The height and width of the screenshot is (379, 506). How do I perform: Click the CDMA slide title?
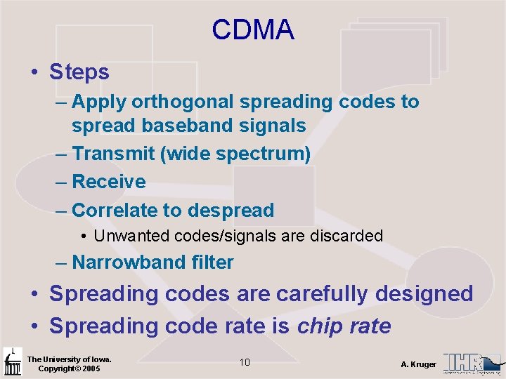tap(253, 29)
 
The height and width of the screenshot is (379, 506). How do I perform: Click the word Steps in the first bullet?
tap(79, 72)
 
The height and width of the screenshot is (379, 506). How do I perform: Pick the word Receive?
tap(109, 182)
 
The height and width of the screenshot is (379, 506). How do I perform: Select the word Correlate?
tap(116, 210)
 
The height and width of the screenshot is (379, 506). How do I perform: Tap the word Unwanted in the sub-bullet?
tap(129, 236)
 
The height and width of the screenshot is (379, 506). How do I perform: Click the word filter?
tap(212, 262)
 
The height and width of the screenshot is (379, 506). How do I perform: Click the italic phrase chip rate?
tap(344, 326)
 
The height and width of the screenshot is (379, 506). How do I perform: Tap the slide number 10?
tap(245, 362)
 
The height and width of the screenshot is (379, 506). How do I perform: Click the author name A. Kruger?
tap(418, 364)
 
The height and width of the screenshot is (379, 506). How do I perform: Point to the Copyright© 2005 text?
tap(69, 369)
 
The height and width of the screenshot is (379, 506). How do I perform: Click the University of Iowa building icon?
tap(13, 361)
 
